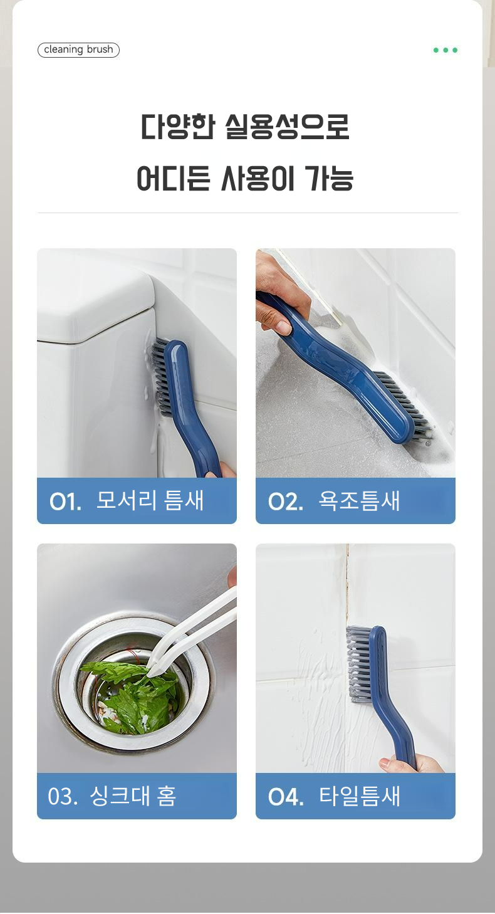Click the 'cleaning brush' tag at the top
point(78,50)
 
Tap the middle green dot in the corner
point(445,50)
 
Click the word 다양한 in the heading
point(177,127)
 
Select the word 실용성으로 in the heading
point(287,127)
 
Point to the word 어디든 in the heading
point(174,178)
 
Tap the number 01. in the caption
point(65,502)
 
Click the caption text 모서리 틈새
point(150,500)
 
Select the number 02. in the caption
point(286,502)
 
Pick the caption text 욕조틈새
point(359,501)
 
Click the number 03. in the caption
point(63,796)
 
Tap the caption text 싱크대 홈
point(133,796)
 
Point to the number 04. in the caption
point(286,797)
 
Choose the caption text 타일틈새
point(359,796)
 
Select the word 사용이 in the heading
point(258,178)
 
